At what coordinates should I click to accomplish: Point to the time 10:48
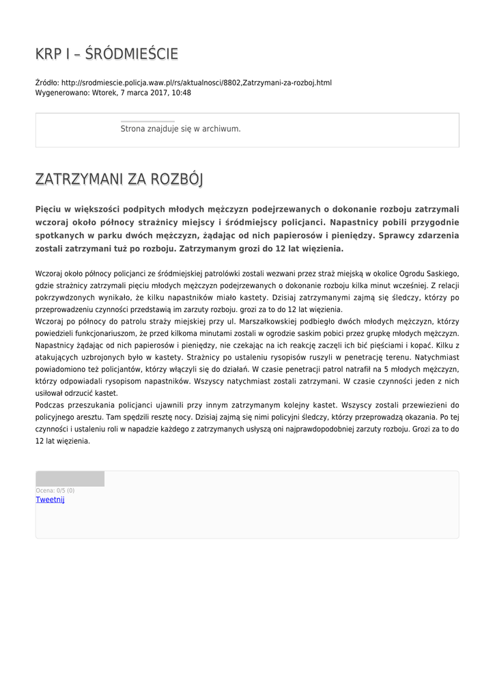(181, 93)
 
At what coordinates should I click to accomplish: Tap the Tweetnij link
(50, 500)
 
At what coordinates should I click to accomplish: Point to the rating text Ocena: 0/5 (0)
(55, 490)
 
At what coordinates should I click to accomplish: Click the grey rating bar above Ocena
(70, 479)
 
